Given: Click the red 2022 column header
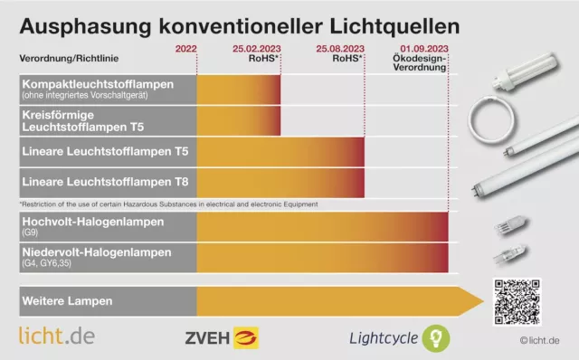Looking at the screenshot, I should click(185, 47).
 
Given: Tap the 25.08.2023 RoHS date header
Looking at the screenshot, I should click(340, 52).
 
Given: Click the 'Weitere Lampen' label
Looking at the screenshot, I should click(62, 299).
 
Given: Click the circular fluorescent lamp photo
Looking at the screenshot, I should click(494, 117).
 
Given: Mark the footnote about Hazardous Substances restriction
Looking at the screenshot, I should click(167, 204).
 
